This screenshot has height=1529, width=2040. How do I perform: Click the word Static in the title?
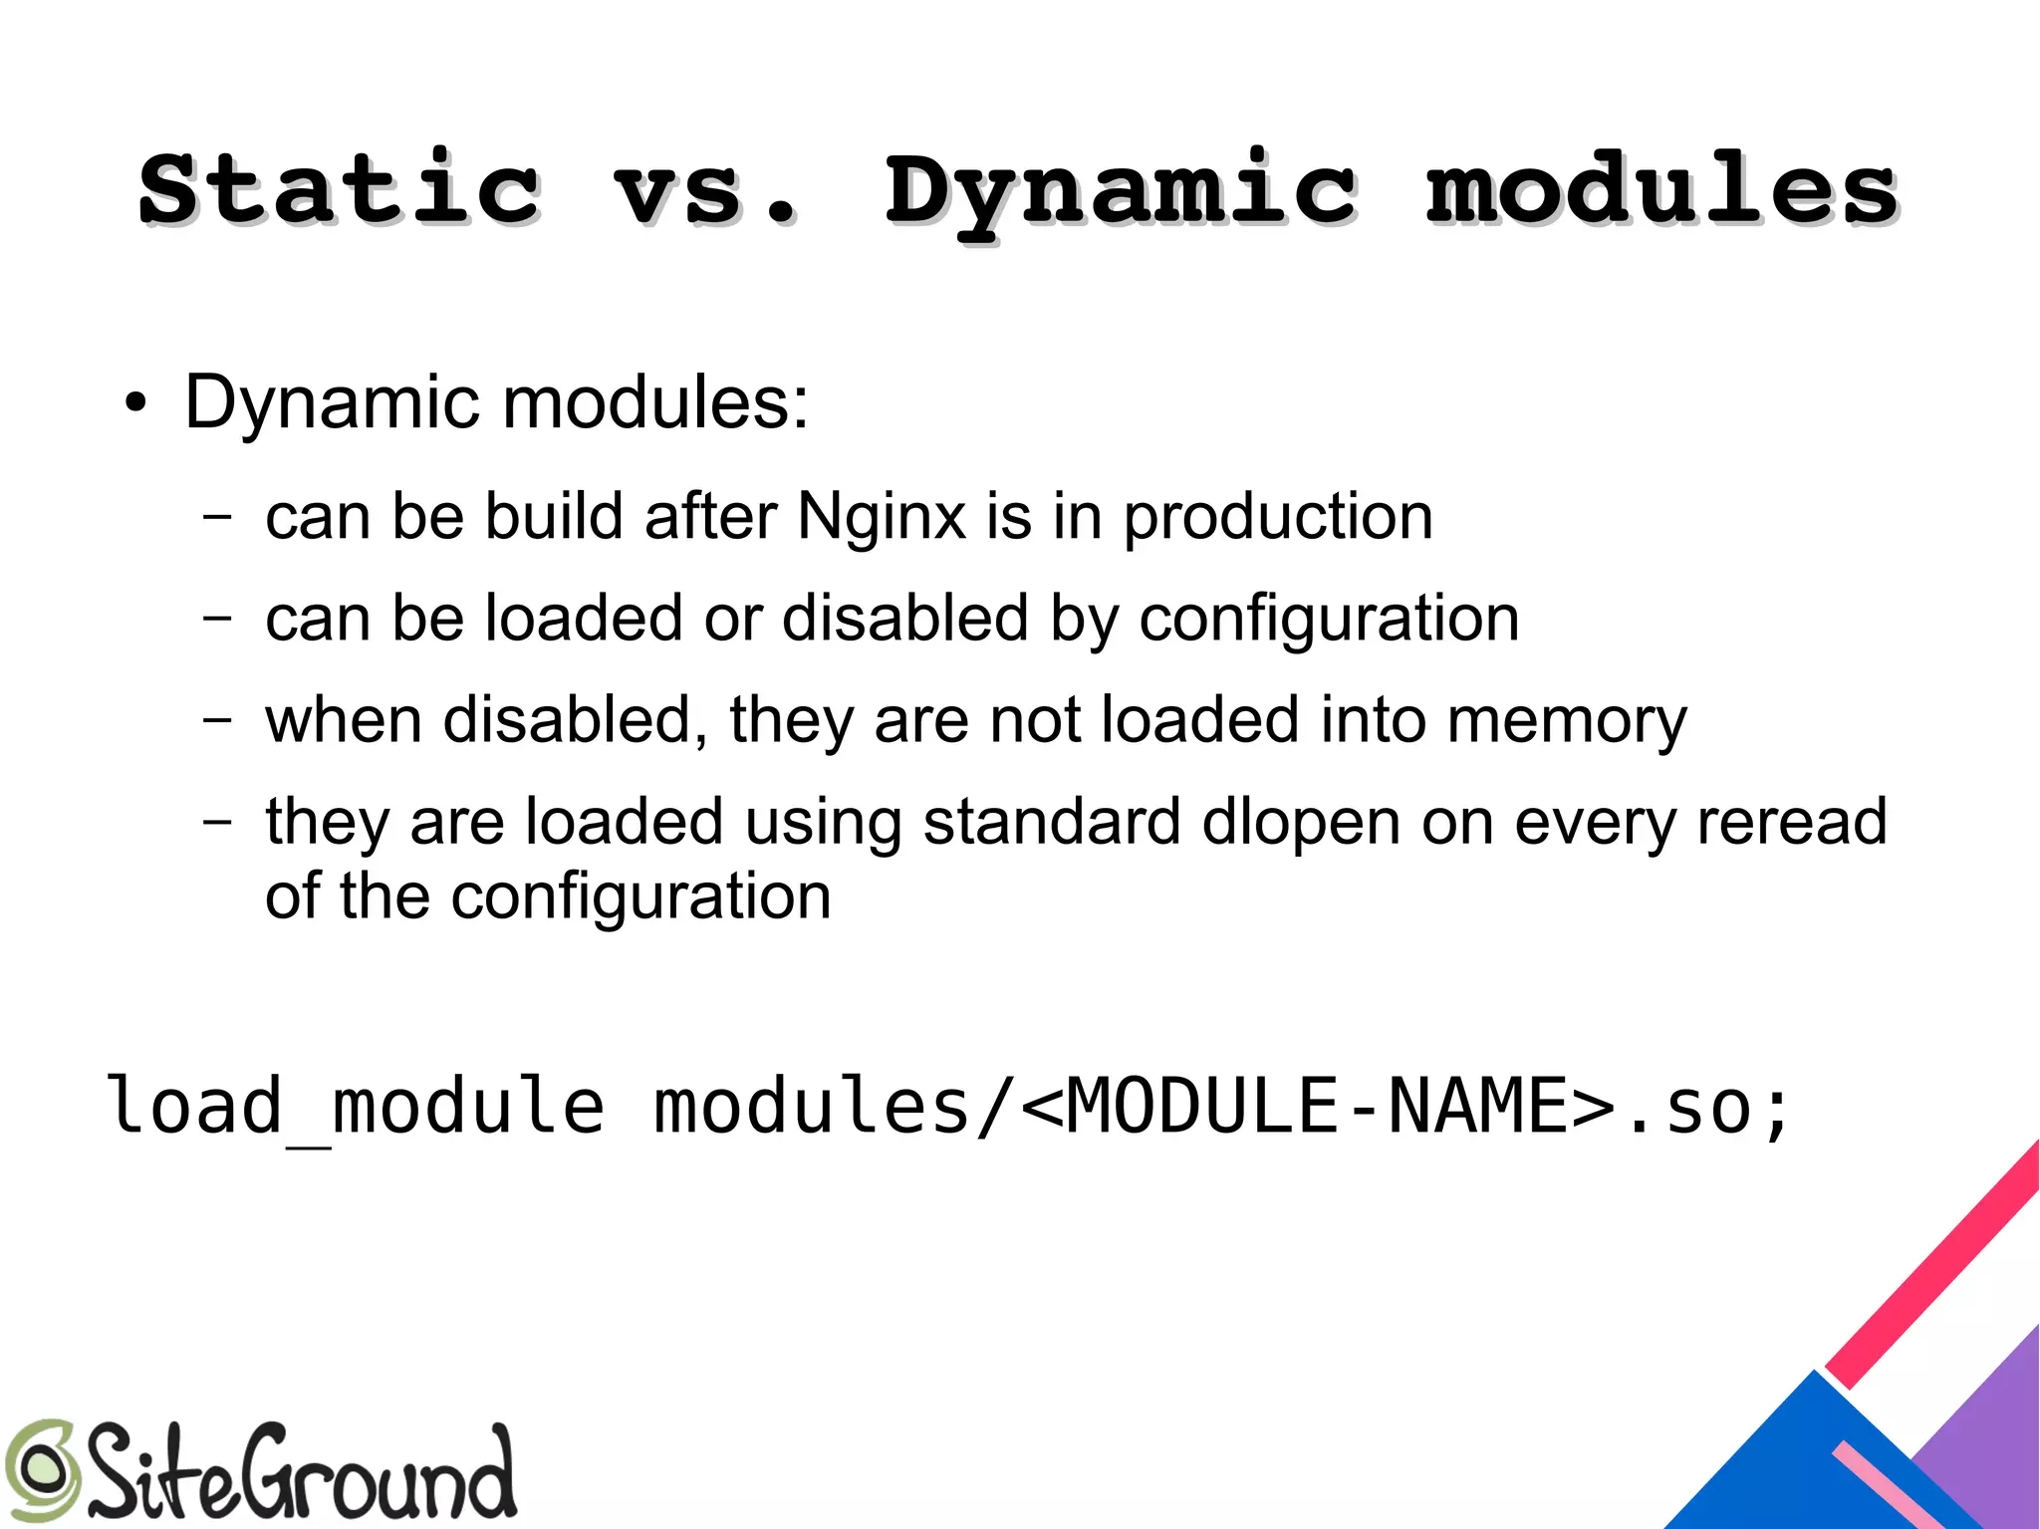(339, 189)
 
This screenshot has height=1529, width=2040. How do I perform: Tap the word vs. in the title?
(705, 189)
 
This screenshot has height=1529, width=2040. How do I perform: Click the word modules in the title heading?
(1661, 189)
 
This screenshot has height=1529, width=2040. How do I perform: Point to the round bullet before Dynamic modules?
(135, 405)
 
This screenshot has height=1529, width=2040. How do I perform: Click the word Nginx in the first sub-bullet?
(882, 517)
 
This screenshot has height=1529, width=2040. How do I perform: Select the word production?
(1278, 519)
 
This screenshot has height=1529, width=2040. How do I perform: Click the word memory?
(1567, 721)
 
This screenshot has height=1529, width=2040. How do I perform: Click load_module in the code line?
(355, 1107)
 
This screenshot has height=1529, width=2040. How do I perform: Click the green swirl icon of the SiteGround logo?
(40, 1470)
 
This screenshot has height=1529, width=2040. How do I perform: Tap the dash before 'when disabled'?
(217, 719)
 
